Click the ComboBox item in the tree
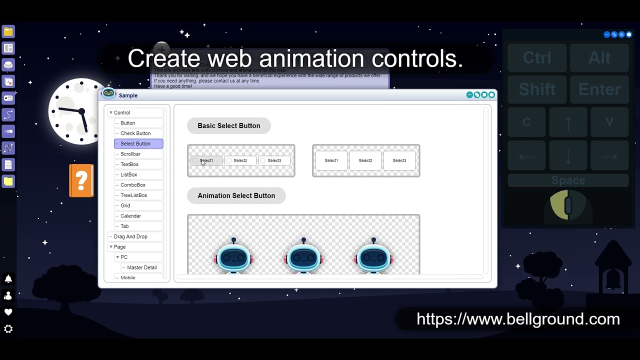pyautogui.click(x=133, y=185)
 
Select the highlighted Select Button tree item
pyautogui.click(x=135, y=143)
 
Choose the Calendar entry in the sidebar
pyautogui.click(x=130, y=216)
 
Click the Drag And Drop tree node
pyautogui.click(x=130, y=236)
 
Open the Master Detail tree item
pyautogui.click(x=141, y=267)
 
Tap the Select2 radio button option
pyautogui.click(x=240, y=160)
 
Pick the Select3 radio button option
pyautogui.click(x=274, y=160)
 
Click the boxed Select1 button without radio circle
pyautogui.click(x=331, y=160)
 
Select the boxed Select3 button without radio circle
pyautogui.click(x=399, y=160)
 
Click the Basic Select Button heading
pyautogui.click(x=228, y=126)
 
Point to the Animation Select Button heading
pyautogui.click(x=236, y=196)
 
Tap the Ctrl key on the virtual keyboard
pyautogui.click(x=537, y=58)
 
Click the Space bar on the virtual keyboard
pyautogui.click(x=568, y=180)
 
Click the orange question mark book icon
pyautogui.click(x=81, y=180)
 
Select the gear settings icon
pyautogui.click(x=8, y=329)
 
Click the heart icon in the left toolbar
pyautogui.click(x=8, y=312)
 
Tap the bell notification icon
pyautogui.click(x=8, y=279)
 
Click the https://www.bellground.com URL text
pyautogui.click(x=518, y=319)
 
